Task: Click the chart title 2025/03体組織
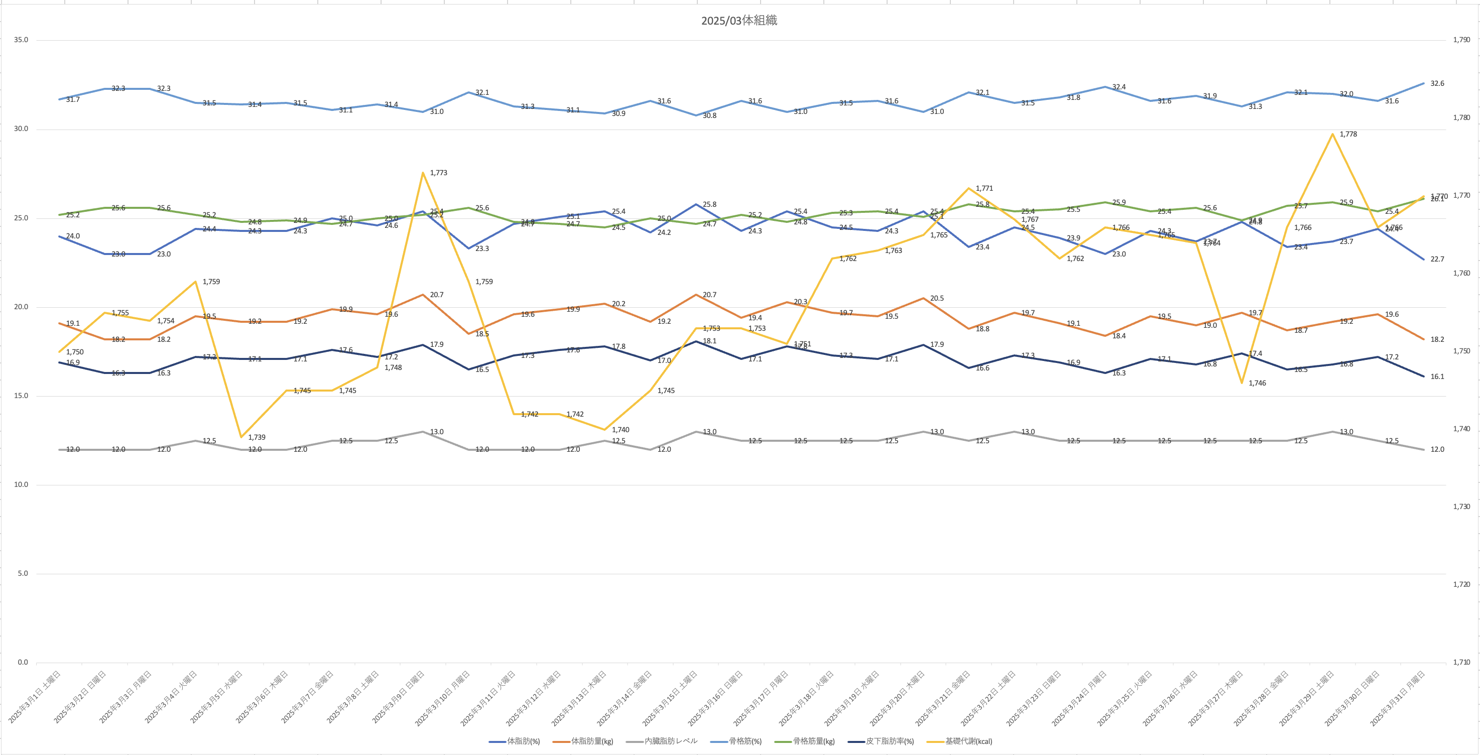tap(739, 21)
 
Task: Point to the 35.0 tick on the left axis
tap(21, 40)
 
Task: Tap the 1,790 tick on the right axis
tap(1461, 40)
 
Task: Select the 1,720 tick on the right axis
tap(1461, 584)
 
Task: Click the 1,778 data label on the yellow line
tap(1348, 135)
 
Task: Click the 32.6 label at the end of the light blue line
tap(1437, 84)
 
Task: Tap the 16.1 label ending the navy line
tap(1437, 377)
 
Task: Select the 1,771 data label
tap(984, 188)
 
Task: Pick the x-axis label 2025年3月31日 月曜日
tap(1398, 698)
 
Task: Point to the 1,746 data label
tap(1257, 383)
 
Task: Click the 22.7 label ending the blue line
tap(1437, 260)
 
